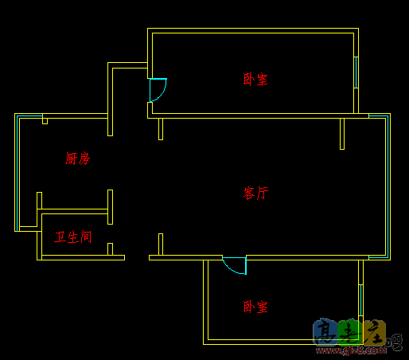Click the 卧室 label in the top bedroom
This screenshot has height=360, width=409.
tap(255, 79)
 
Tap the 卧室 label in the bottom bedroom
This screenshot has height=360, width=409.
tap(255, 307)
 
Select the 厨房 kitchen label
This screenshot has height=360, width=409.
tap(78, 158)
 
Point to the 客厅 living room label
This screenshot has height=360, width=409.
tap(255, 193)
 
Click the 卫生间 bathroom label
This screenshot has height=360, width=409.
tap(73, 237)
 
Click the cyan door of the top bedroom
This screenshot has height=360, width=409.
tap(157, 89)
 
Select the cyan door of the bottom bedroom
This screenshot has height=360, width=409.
tap(236, 264)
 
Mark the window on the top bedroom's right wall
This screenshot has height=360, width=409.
tap(356, 72)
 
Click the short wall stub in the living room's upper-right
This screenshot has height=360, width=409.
tap(342, 133)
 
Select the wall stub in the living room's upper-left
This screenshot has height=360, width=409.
tap(161, 128)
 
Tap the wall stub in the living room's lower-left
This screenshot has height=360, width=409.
tap(161, 244)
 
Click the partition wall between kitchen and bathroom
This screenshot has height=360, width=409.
tap(73, 211)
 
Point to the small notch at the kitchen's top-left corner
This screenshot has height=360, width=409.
tap(45, 120)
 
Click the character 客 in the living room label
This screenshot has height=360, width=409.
tap(249, 193)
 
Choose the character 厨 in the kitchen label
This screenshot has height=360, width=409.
tap(72, 158)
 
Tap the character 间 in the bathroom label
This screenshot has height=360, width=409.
tap(86, 237)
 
